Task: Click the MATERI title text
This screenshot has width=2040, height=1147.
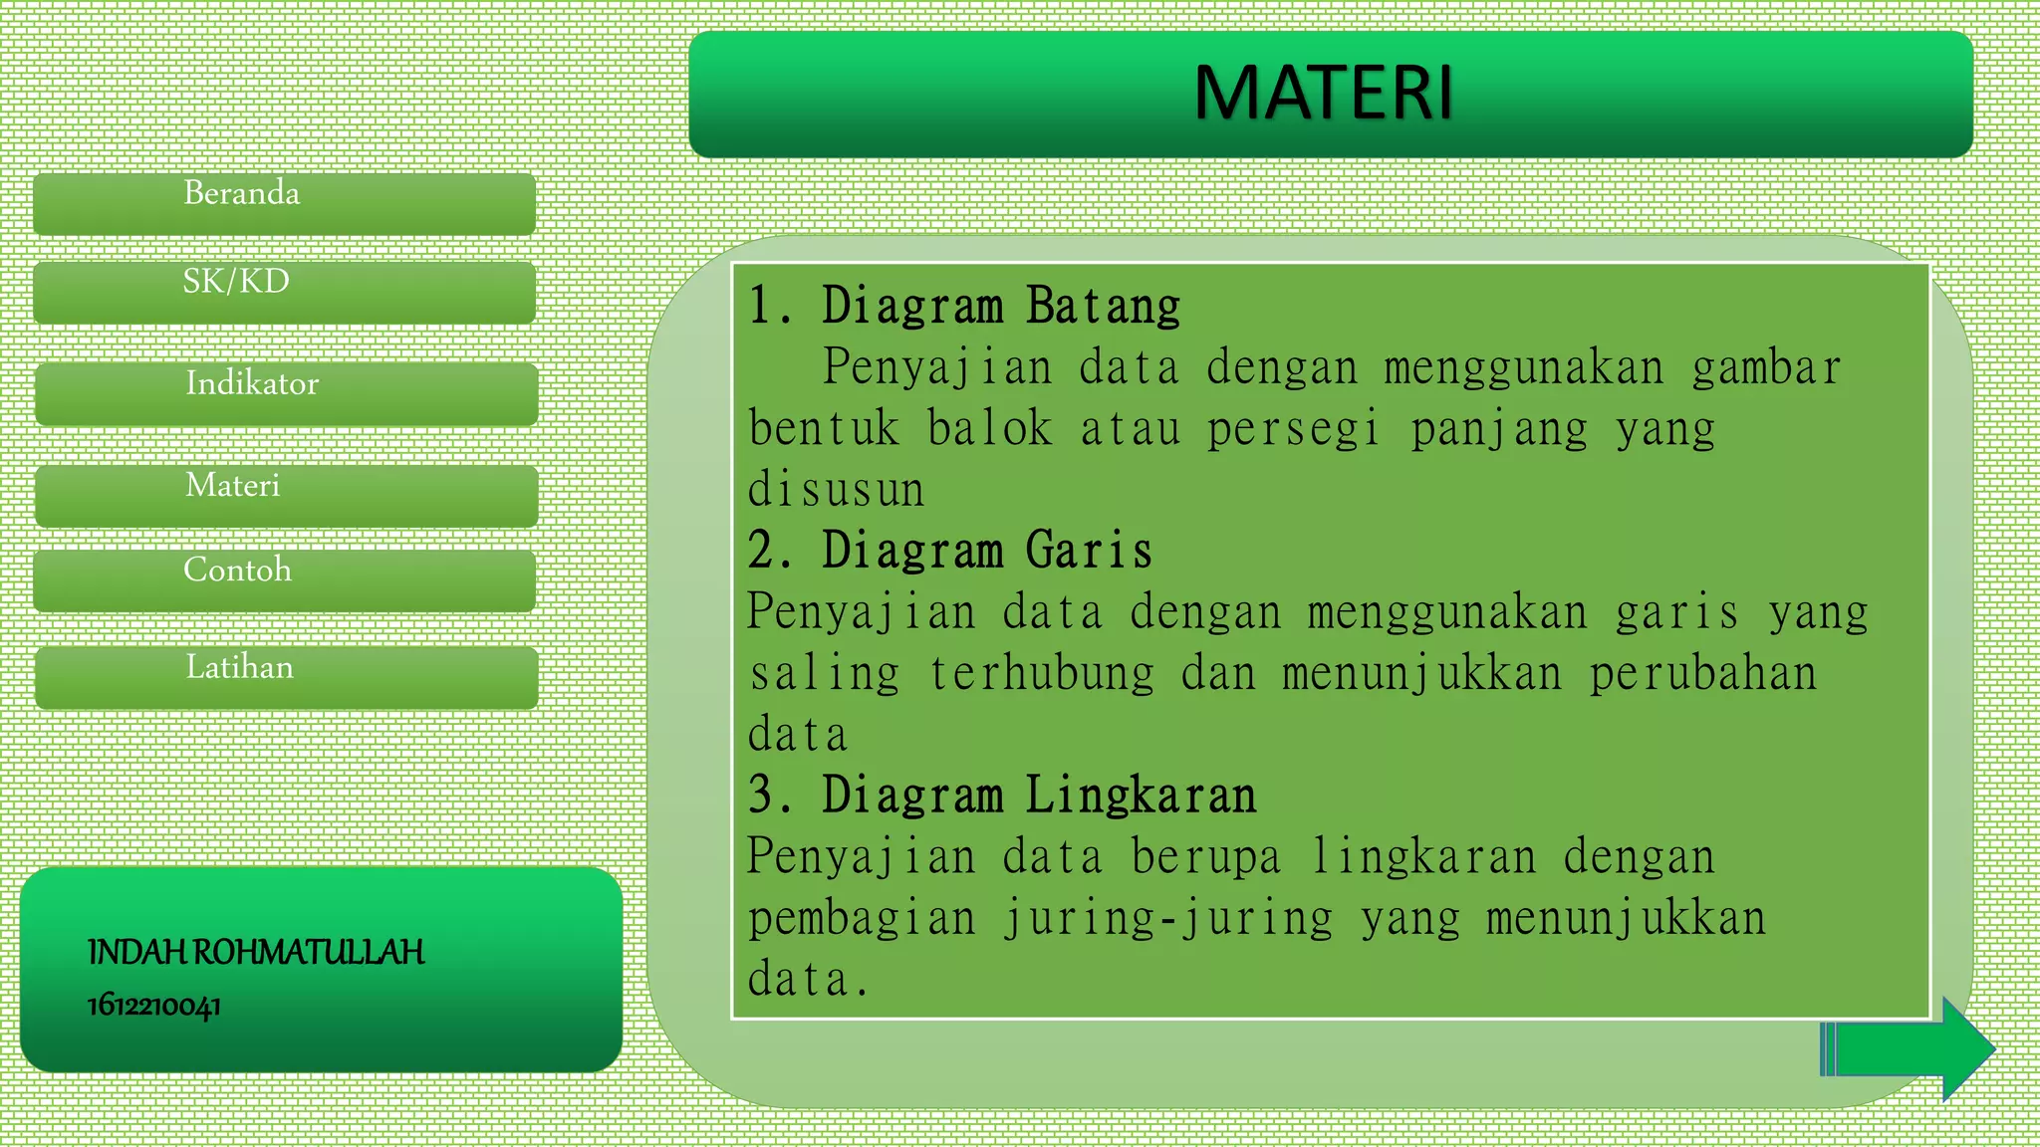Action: click(1324, 93)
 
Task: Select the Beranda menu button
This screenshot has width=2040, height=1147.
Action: click(284, 203)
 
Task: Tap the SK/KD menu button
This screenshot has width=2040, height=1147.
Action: click(284, 292)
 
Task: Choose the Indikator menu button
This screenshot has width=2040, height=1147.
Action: click(286, 393)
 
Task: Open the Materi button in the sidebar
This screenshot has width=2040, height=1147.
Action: click(286, 495)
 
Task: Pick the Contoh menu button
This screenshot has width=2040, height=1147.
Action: click(284, 579)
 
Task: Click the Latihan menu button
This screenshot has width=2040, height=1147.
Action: click(286, 676)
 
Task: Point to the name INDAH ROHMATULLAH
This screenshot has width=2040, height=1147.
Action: click(256, 952)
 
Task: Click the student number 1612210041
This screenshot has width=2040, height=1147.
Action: click(154, 1005)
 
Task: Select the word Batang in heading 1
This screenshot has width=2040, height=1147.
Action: click(1103, 306)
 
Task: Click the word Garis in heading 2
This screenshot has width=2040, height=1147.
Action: click(1089, 551)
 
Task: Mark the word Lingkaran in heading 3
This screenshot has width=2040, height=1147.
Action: click(1141, 796)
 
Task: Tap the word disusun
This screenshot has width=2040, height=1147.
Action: click(836, 490)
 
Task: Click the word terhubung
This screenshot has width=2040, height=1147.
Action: click(1042, 674)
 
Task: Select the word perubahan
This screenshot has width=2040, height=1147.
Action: click(1702, 674)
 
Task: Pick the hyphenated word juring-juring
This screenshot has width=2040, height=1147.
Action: click(1167, 919)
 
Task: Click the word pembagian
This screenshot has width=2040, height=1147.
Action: click(862, 919)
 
